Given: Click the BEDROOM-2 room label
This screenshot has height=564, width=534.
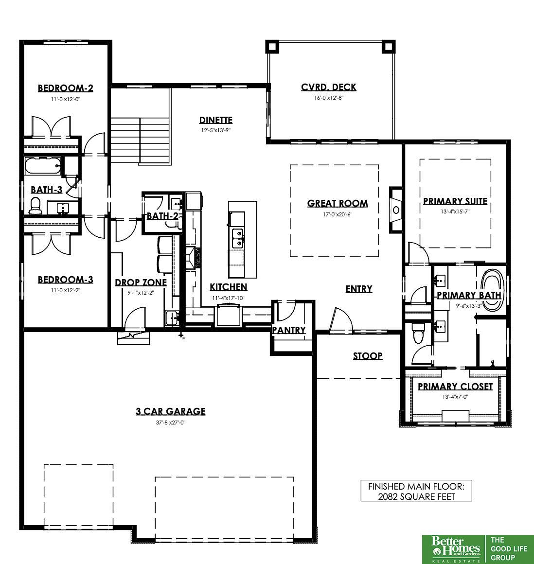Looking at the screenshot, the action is [x=65, y=88].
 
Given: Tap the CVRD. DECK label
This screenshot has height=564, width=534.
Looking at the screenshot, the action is [x=329, y=87].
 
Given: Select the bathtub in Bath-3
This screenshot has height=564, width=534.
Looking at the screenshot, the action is [x=43, y=166].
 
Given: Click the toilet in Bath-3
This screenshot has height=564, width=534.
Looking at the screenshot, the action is [x=36, y=205].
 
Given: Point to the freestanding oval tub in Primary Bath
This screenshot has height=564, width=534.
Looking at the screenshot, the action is [x=492, y=289].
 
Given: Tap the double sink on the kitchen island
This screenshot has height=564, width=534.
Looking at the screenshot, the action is [x=237, y=238].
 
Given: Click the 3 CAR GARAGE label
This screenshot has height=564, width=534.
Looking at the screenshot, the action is [x=171, y=411].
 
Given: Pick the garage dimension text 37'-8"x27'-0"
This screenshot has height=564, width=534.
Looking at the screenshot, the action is [x=171, y=423].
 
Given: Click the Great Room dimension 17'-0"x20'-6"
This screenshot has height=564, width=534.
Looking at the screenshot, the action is [x=338, y=214].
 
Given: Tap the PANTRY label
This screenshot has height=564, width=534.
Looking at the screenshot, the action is [x=288, y=330].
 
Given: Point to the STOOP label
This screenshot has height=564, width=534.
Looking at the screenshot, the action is [x=367, y=356].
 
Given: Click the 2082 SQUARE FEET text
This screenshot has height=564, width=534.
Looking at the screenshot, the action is [x=416, y=497].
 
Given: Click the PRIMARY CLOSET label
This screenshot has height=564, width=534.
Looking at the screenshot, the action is [x=455, y=387].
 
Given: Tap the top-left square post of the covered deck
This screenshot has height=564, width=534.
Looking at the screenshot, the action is [x=272, y=46].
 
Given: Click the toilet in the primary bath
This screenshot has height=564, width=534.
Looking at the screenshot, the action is [x=418, y=333].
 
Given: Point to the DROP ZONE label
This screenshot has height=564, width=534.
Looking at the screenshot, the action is [x=141, y=282].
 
